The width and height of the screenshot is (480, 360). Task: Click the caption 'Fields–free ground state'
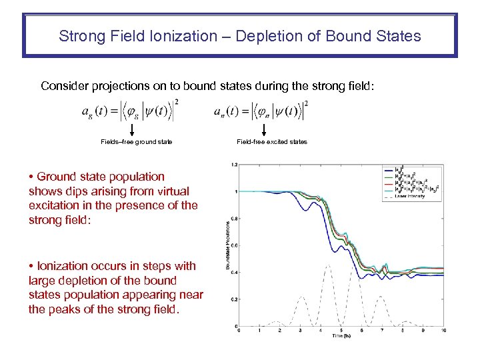(136, 142)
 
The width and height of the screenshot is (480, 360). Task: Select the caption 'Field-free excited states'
(272, 142)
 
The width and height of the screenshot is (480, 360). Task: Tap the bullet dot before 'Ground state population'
(32, 177)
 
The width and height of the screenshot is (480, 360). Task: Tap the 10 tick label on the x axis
(443, 330)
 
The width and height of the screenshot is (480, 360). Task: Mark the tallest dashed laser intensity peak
(327, 265)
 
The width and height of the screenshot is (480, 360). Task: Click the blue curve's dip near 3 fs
(305, 211)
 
